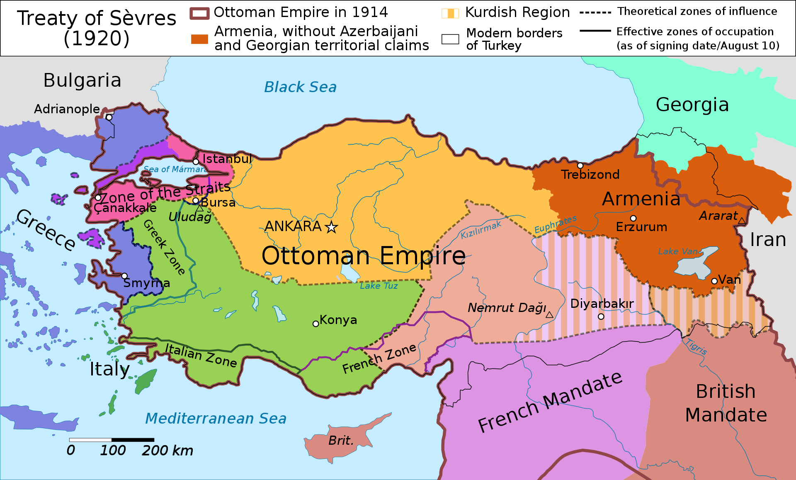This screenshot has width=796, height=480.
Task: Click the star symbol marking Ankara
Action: coord(331,227)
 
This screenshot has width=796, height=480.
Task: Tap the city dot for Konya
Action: coord(316,324)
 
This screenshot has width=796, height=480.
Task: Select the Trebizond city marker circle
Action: coord(580,166)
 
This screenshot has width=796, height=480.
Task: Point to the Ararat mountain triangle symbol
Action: coord(742,221)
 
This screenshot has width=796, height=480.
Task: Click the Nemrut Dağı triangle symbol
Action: coord(549,315)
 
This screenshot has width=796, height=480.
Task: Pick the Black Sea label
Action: coord(300,87)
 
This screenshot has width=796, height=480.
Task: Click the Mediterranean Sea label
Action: coord(216,418)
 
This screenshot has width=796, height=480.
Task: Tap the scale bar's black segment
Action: coord(133,439)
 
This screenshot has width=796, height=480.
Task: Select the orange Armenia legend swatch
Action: coord(199,39)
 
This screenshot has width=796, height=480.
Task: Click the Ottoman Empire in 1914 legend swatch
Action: coord(199,13)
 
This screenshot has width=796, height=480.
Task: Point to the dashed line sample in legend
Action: coord(595,12)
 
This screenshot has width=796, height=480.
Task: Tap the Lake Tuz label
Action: coord(379,286)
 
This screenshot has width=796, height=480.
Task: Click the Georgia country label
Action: coord(692,105)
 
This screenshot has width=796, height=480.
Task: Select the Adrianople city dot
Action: coord(109,117)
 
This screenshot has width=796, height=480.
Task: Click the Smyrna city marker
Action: coord(124,276)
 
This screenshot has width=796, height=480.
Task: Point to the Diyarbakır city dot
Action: coord(601,317)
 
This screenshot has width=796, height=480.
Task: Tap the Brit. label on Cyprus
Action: coord(341,441)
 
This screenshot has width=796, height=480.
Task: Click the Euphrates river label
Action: coord(555,224)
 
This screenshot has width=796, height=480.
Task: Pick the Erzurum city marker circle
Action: coord(633,218)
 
